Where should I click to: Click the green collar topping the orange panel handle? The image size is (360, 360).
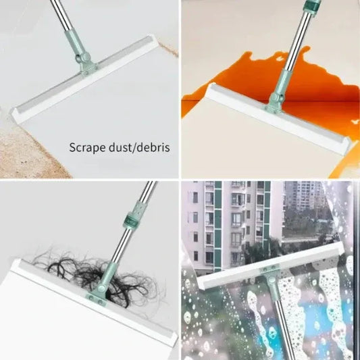coord(311,7)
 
